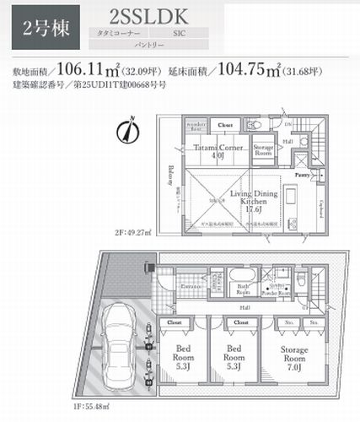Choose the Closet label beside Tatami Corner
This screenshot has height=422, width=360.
(x=225, y=124)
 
